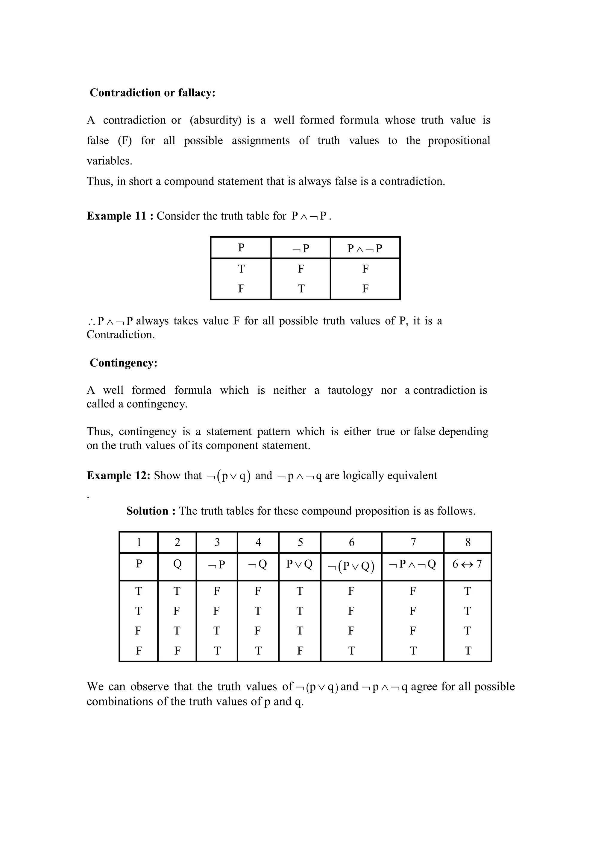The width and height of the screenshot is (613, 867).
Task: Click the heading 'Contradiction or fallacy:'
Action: (152, 92)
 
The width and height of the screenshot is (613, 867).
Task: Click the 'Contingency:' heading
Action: (124, 363)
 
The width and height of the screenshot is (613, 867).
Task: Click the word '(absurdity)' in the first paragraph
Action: (215, 120)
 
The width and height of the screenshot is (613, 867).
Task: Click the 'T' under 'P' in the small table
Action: (241, 269)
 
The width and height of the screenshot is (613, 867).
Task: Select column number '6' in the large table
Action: (351, 542)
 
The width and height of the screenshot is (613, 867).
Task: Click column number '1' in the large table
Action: (139, 542)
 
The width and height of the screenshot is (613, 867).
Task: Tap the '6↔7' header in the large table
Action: (467, 564)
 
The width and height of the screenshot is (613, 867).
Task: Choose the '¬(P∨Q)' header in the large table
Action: (351, 566)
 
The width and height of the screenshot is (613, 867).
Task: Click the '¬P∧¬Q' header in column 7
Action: (412, 564)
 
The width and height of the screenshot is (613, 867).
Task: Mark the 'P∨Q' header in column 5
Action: (300, 564)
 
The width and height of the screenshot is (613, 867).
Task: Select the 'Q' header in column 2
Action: (177, 564)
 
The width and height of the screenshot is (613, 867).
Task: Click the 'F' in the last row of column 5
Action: (300, 651)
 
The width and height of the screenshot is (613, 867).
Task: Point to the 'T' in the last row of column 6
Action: (351, 651)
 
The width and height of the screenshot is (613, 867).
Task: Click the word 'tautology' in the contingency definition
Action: (350, 390)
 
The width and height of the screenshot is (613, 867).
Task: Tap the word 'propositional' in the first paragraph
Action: (459, 141)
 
